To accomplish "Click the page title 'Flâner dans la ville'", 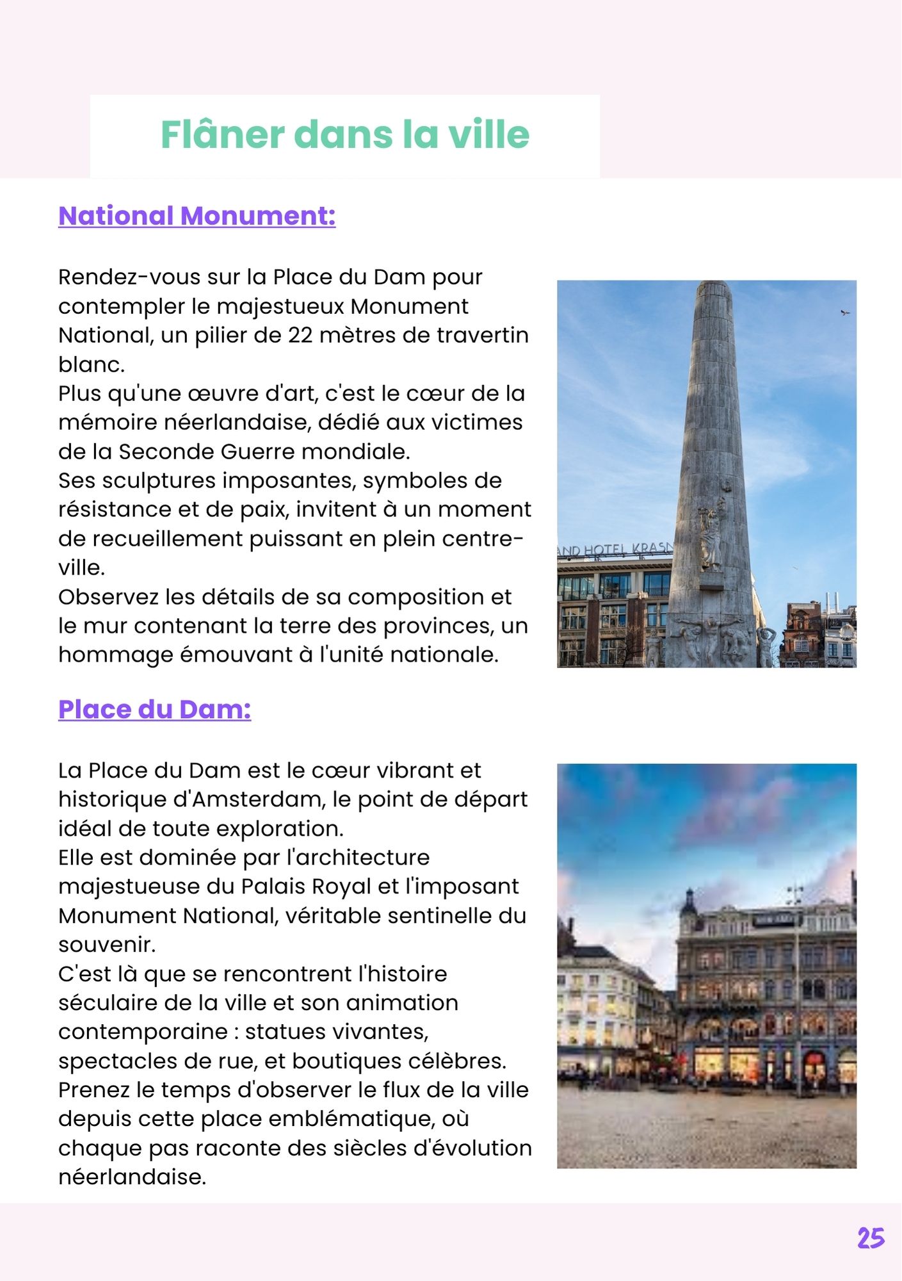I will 344,135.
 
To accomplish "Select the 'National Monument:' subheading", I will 197,216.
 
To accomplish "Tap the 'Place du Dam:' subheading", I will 154,709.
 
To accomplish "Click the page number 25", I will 871,1238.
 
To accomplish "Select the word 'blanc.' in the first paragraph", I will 92,364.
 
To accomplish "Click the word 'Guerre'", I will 257,452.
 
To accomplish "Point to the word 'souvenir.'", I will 107,945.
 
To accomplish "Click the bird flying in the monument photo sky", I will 845,313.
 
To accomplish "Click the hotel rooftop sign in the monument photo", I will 615,550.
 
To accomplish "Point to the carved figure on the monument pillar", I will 711,535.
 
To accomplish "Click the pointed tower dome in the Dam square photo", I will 689,901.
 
